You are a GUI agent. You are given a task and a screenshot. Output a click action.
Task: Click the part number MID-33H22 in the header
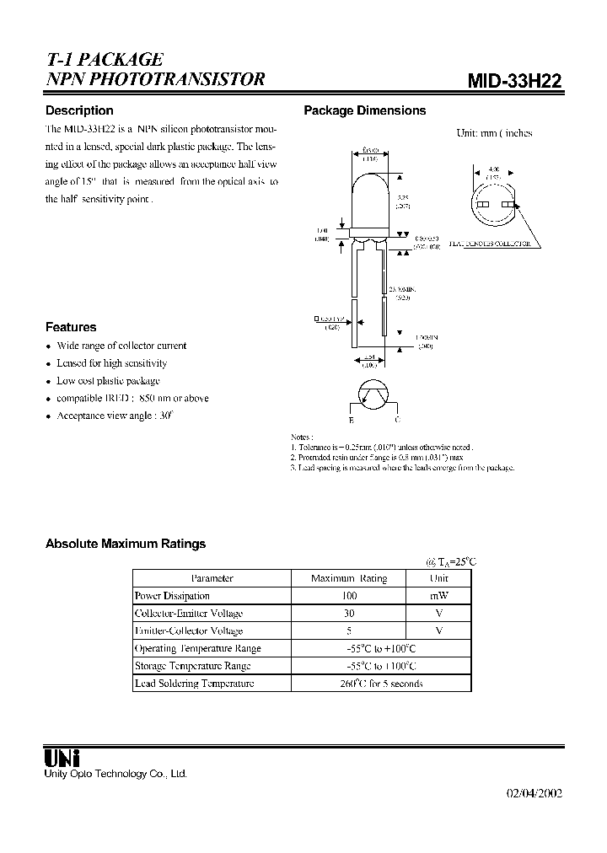click(515, 81)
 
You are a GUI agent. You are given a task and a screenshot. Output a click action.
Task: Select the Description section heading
click(79, 110)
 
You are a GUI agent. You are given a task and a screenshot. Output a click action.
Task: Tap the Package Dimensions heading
click(364, 110)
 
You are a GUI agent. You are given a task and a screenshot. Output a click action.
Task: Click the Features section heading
click(71, 327)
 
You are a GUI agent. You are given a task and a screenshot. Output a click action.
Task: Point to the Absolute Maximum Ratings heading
click(126, 544)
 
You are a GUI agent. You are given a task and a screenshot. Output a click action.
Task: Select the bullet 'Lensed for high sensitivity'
click(111, 363)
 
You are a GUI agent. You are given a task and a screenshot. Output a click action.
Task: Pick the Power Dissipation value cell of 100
click(349, 596)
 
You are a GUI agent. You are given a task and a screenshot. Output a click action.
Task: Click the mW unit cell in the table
click(438, 596)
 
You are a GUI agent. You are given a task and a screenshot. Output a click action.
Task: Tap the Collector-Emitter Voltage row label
click(189, 614)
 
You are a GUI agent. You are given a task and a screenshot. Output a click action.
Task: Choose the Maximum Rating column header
click(349, 578)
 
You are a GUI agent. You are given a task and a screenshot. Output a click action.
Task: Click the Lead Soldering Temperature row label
click(194, 684)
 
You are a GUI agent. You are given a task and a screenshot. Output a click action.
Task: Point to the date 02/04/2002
click(534, 793)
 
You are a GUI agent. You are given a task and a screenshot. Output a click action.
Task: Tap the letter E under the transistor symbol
click(352, 419)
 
